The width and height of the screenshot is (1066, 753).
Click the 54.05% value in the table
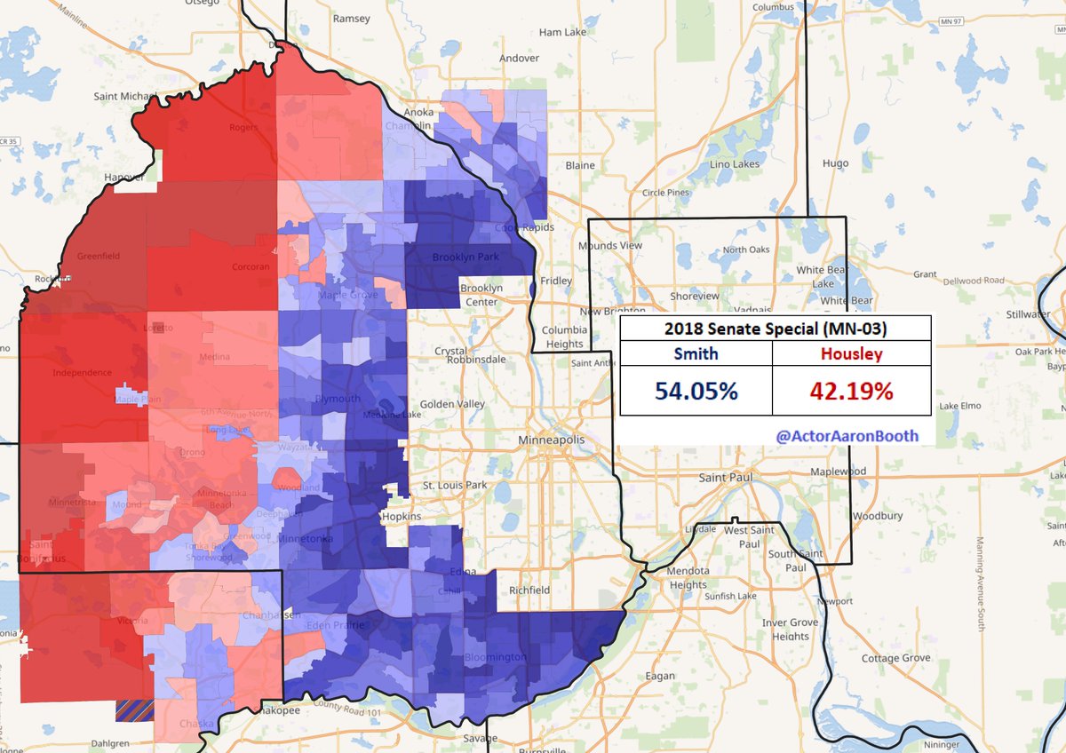pyautogui.click(x=696, y=390)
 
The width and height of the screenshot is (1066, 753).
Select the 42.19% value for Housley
pyautogui.click(x=851, y=390)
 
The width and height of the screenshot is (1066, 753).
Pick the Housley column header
pyautogui.click(x=851, y=353)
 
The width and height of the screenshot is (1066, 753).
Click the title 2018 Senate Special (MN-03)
pyautogui.click(x=775, y=329)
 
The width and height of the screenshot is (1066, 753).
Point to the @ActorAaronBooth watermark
pyautogui.click(x=847, y=435)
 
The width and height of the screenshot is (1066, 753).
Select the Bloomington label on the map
pyautogui.click(x=495, y=658)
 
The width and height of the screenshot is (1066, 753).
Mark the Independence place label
pyautogui.click(x=82, y=372)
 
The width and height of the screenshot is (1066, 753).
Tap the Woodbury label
pyautogui.click(x=877, y=516)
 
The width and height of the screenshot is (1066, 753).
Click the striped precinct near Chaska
pyautogui.click(x=135, y=708)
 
